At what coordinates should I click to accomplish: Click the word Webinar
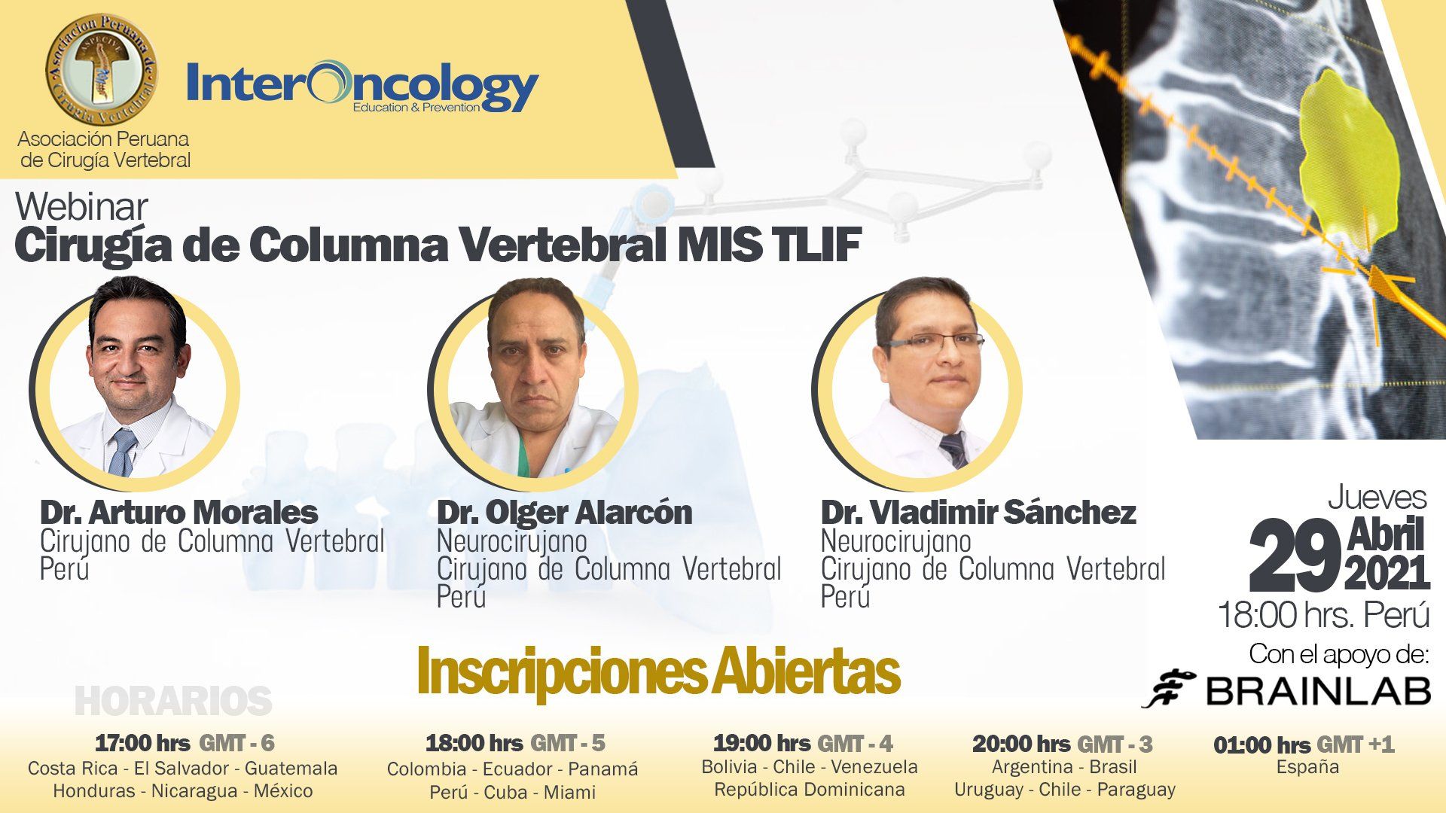[81, 207]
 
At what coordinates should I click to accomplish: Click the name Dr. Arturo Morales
[178, 513]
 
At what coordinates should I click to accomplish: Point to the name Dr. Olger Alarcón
[564, 513]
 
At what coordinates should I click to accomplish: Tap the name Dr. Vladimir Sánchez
[978, 513]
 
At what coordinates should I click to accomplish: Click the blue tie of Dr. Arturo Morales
[121, 452]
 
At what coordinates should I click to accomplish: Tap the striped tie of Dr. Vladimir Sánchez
[953, 449]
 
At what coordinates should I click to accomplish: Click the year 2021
[1387, 573]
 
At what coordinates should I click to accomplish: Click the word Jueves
[1377, 498]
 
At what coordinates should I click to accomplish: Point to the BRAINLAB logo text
[1318, 690]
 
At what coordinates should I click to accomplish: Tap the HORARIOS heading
[173, 702]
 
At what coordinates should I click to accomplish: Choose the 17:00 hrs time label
[142, 743]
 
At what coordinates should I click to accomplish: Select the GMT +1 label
[1356, 745]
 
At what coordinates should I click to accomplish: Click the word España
[1307, 767]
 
